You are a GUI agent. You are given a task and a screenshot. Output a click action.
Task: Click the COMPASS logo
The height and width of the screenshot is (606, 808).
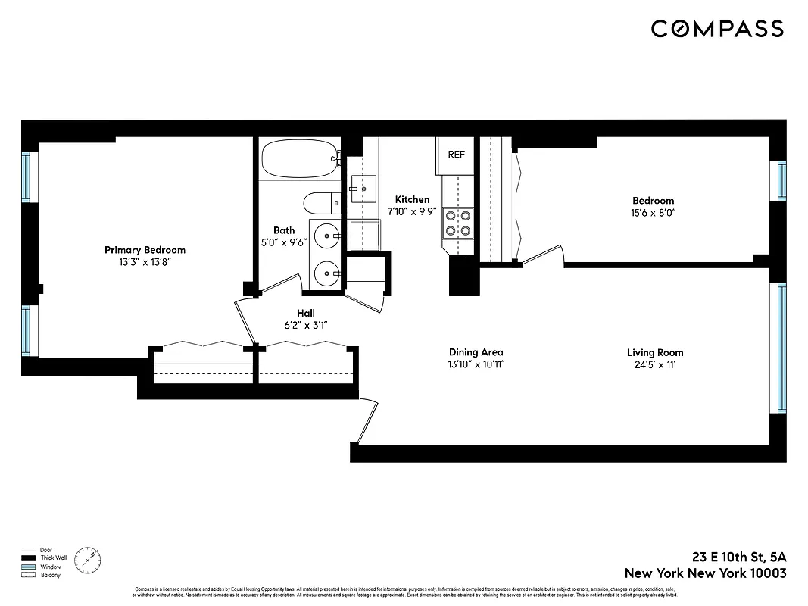tap(716, 29)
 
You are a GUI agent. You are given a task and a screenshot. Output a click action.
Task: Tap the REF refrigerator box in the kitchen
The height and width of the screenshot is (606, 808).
tap(456, 155)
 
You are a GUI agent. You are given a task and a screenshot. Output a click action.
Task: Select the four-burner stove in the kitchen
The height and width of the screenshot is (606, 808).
tap(457, 222)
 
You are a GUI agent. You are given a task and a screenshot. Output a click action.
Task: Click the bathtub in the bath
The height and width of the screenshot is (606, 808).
tap(298, 158)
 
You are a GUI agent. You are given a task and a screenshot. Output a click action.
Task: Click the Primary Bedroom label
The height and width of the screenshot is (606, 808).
tap(145, 250)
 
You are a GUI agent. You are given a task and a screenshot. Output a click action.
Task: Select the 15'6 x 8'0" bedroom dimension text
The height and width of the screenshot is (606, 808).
tap(653, 214)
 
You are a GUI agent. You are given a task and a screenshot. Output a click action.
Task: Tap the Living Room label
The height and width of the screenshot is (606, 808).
tap(654, 352)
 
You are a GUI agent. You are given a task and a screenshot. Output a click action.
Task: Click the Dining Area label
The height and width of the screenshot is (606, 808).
tap(476, 352)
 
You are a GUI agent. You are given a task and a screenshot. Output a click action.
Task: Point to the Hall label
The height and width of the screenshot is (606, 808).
tap(306, 313)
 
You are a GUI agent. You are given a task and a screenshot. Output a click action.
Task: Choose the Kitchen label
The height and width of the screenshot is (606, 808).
tap(412, 200)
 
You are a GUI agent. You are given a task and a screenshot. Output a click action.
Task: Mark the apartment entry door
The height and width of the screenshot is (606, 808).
tap(368, 421)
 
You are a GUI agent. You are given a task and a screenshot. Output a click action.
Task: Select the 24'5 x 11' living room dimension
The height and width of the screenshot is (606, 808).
tap(654, 364)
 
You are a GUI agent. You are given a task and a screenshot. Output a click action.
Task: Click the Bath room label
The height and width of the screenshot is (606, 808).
tap(284, 231)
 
